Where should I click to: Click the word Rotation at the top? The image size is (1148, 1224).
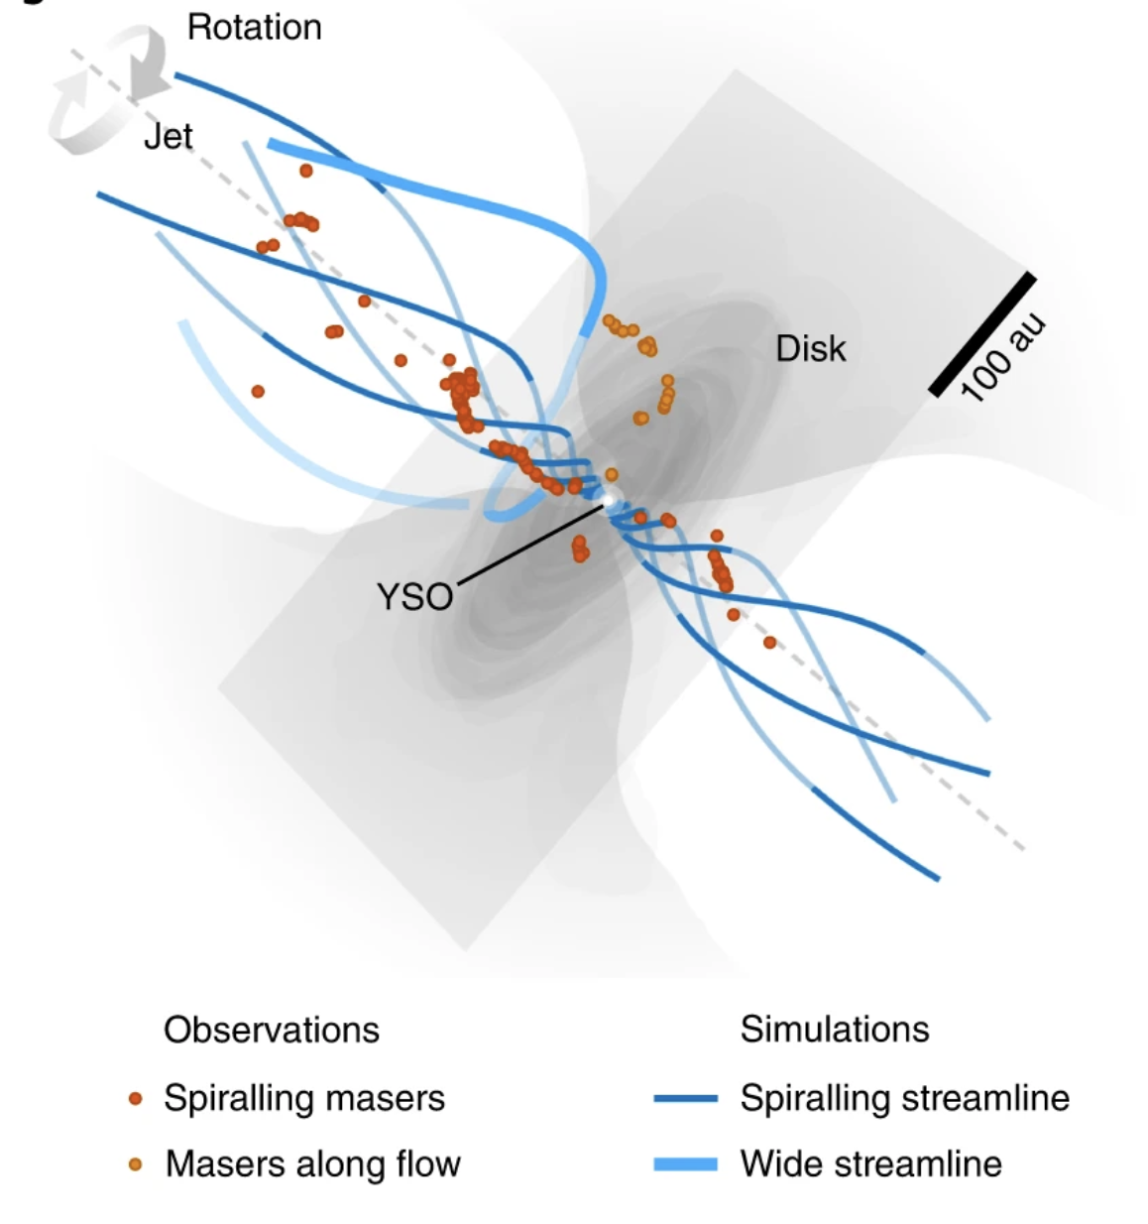(x=254, y=28)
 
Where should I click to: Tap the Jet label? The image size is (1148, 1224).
(x=168, y=137)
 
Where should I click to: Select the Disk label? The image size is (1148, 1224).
(x=810, y=349)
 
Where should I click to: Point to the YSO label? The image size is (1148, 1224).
(x=414, y=597)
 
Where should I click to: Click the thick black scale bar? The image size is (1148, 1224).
(x=981, y=334)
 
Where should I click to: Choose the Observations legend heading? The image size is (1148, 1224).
(x=272, y=1030)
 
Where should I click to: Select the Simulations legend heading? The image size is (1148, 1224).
(x=835, y=1030)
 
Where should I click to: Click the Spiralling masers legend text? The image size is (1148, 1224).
(x=303, y=1098)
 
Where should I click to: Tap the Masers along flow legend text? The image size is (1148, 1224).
(x=312, y=1163)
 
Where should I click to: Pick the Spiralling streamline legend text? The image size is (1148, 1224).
(x=904, y=1098)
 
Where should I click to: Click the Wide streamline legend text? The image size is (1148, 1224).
(x=870, y=1163)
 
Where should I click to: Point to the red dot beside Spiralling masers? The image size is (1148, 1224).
(x=136, y=1099)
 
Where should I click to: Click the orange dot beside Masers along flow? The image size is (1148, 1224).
(x=136, y=1164)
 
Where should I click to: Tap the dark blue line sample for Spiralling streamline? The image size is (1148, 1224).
(x=685, y=1099)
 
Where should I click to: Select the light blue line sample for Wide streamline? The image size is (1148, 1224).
(x=685, y=1164)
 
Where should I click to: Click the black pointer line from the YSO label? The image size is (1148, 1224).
(x=530, y=544)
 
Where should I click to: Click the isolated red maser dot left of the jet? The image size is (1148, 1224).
(x=258, y=392)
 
